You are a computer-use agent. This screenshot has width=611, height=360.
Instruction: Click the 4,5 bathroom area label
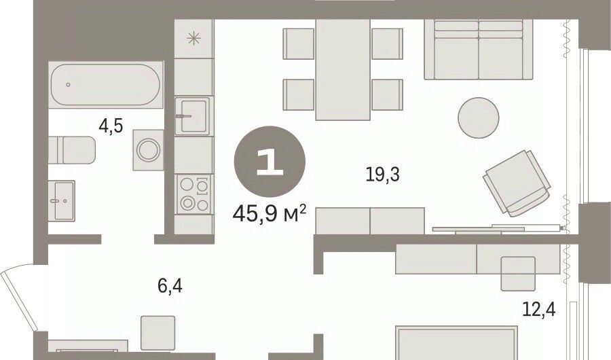click(x=111, y=126)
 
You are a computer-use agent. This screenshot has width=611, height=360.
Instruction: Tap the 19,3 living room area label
click(x=383, y=174)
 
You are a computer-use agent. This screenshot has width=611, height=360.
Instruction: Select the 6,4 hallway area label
click(x=170, y=286)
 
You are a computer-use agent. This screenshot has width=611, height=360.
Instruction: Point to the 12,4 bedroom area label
click(x=539, y=310)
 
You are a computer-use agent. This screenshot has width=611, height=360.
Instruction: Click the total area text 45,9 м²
click(x=270, y=214)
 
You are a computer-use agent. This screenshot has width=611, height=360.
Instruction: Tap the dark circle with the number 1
click(x=270, y=161)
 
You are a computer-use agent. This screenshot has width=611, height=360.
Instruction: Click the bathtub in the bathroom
click(x=106, y=85)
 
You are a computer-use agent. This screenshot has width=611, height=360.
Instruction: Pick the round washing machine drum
click(x=148, y=150)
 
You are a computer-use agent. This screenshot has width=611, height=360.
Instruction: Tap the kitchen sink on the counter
click(x=192, y=116)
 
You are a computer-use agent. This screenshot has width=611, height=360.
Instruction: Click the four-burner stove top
click(x=193, y=194)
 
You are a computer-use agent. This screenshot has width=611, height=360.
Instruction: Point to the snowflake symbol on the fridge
click(x=193, y=39)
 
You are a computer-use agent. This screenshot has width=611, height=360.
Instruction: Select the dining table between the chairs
click(x=343, y=69)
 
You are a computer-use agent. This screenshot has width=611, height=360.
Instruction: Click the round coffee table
click(x=479, y=118)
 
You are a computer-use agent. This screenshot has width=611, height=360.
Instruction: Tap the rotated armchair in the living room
click(x=517, y=183)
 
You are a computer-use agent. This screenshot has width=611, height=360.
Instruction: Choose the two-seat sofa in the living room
click(x=478, y=50)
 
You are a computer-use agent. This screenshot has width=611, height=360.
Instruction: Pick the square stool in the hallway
click(x=158, y=333)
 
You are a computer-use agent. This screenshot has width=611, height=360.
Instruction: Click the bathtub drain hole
click(x=68, y=85)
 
